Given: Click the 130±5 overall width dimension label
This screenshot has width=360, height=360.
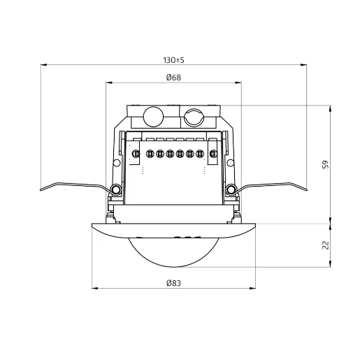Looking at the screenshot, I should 174,59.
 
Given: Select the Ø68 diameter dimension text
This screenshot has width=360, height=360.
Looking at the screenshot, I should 174,78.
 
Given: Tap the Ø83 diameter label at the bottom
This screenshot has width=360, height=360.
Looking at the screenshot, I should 174,282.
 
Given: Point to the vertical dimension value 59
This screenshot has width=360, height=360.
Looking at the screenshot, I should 324,164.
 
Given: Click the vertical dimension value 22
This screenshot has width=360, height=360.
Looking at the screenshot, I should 324,245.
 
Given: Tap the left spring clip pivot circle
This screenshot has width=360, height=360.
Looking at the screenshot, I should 115,189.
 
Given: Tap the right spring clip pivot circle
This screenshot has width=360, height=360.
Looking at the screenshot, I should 231,189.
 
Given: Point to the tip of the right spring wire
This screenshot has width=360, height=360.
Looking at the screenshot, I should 305,187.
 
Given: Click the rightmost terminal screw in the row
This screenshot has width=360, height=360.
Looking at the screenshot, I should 200,153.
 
